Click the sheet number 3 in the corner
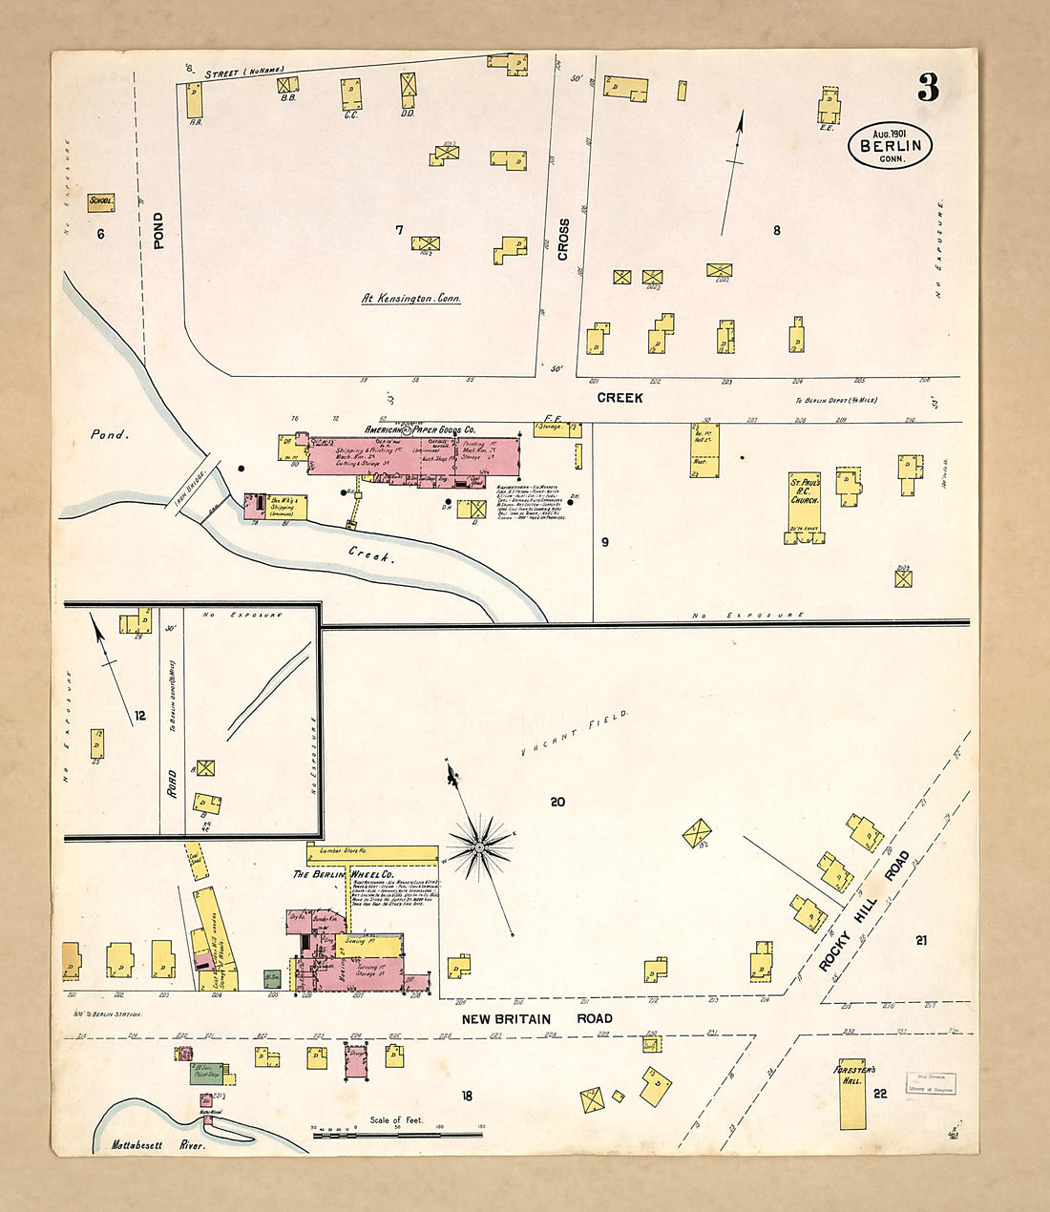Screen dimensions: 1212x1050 coord(928,89)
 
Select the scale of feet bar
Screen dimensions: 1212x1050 coord(397,1134)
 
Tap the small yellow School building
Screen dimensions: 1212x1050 coord(101,201)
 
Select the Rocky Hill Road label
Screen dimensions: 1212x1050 coord(866,911)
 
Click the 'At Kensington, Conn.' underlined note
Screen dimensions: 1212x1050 coord(411,299)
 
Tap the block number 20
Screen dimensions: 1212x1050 coord(557,802)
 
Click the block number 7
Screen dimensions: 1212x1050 coord(400,229)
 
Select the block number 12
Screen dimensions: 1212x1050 coord(140,715)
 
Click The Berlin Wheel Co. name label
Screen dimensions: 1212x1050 coord(330,874)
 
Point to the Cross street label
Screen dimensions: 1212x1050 coord(563,240)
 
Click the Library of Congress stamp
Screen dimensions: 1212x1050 coord(930,1083)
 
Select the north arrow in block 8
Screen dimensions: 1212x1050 coord(732,172)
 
